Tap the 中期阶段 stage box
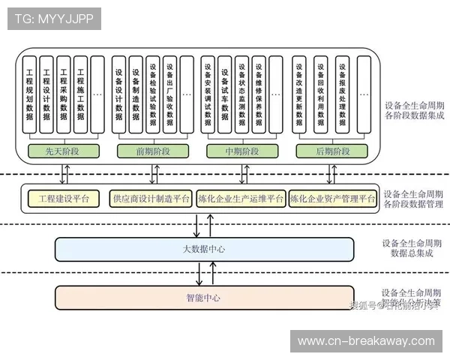tap(242, 151)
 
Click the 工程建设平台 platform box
tap(64, 199)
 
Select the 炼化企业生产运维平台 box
tap(241, 199)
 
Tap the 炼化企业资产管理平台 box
tap(332, 199)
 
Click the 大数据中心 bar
tap(204, 249)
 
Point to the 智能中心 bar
tap(204, 298)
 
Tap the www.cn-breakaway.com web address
tap(366, 341)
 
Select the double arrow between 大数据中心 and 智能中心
tap(198, 274)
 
